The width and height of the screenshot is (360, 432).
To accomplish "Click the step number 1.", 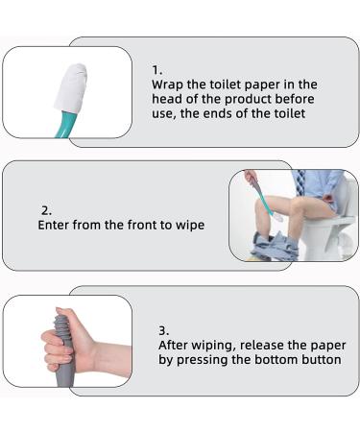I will pos(156,70).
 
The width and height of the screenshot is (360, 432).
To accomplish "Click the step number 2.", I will pos(44,209).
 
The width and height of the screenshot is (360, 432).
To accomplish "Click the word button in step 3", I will pos(319,359).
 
